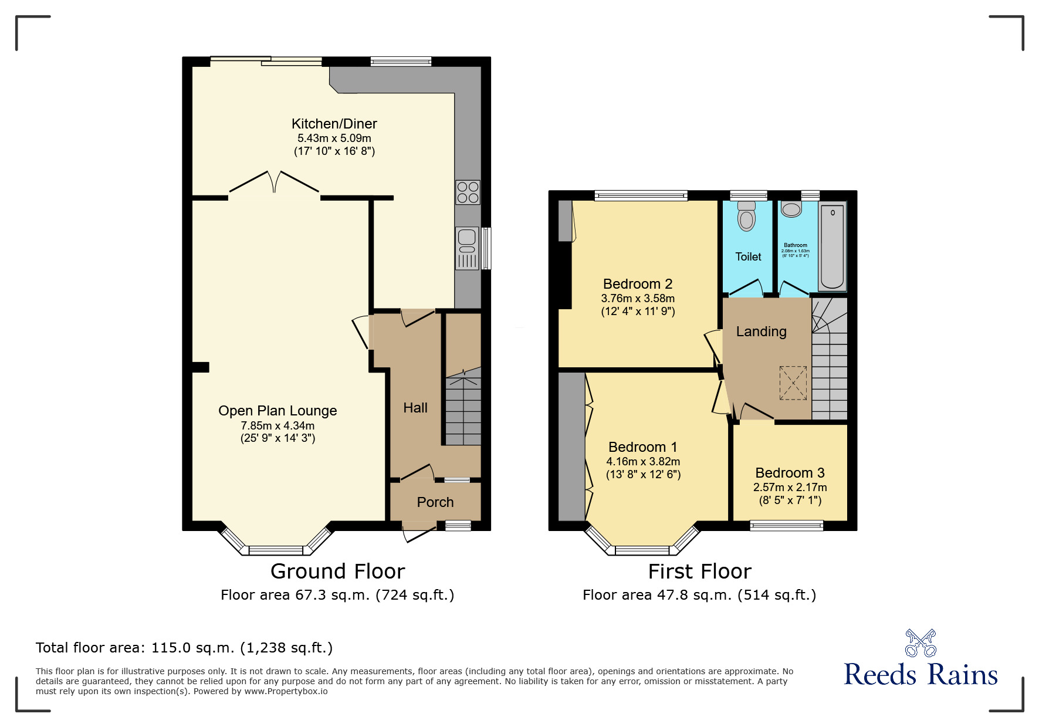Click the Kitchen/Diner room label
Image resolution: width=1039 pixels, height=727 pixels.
click(x=334, y=124)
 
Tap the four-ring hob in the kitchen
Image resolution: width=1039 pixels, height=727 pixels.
click(x=468, y=192)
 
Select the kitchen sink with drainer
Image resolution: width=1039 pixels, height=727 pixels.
click(x=468, y=249)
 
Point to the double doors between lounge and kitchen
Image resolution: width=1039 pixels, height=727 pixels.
click(x=274, y=182)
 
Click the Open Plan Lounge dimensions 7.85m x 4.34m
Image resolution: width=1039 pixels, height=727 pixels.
click(x=277, y=425)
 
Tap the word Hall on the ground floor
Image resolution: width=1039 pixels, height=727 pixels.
click(x=415, y=408)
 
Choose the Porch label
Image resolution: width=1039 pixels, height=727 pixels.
click(x=435, y=502)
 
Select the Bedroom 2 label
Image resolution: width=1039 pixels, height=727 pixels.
click(x=637, y=284)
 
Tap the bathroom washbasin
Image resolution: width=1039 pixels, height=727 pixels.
click(x=791, y=209)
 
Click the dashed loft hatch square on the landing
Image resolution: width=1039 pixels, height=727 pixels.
click(x=793, y=383)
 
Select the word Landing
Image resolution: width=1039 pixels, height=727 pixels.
click(x=761, y=332)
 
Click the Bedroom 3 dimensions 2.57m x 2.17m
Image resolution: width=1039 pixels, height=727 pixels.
click(x=790, y=487)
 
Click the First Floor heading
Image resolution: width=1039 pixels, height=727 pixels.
click(x=699, y=571)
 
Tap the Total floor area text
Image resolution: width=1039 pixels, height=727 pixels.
click(x=184, y=648)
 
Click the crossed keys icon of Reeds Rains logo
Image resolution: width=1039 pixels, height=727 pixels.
click(x=920, y=643)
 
